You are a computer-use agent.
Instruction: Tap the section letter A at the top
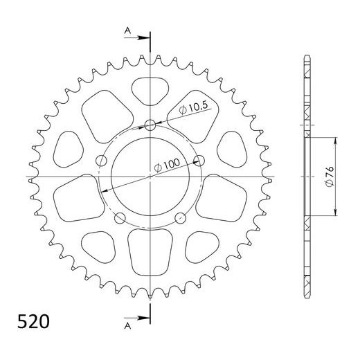click(x=127, y=30)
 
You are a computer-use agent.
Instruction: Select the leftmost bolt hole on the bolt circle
click(x=101, y=161)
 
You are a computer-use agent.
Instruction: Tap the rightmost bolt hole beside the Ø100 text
click(x=201, y=161)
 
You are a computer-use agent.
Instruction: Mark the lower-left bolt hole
click(x=120, y=219)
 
